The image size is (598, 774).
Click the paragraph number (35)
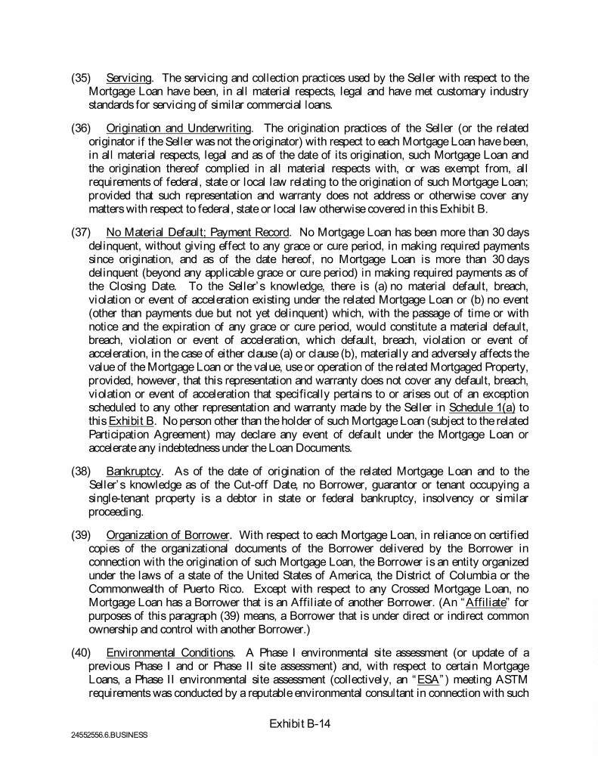click(81, 79)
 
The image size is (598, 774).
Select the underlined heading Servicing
click(128, 79)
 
